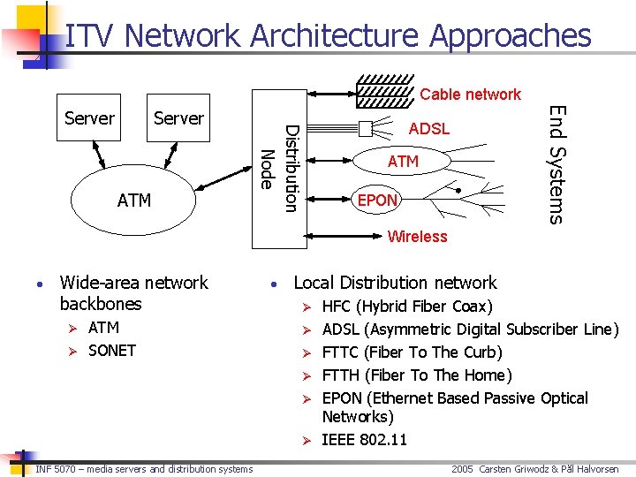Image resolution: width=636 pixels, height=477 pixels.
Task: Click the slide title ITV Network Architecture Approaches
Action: pos(328,36)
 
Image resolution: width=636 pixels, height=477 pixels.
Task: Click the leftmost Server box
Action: pos(89,117)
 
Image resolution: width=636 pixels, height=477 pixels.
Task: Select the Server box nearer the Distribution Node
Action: pos(178,117)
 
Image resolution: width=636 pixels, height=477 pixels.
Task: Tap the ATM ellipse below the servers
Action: pos(134,201)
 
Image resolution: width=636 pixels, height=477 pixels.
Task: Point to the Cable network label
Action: pos(470,95)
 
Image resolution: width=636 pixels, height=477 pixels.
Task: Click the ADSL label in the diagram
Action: pos(428,129)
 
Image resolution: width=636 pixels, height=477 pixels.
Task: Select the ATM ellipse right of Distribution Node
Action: pos(403,162)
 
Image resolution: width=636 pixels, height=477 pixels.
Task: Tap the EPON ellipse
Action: pos(377,201)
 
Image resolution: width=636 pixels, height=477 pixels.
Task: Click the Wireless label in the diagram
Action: pos(417,236)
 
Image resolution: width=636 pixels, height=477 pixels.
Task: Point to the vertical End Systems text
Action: pos(556,164)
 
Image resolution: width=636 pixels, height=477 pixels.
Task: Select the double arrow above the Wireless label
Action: pos(415,223)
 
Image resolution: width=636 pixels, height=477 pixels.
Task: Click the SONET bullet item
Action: pos(112,351)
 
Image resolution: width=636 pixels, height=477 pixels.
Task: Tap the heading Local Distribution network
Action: pos(395,283)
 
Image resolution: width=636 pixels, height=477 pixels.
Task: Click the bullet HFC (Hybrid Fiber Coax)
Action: pos(407,307)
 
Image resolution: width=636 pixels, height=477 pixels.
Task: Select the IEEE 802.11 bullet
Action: pos(364,439)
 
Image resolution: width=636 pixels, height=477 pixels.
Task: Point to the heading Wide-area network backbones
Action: pos(133,293)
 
